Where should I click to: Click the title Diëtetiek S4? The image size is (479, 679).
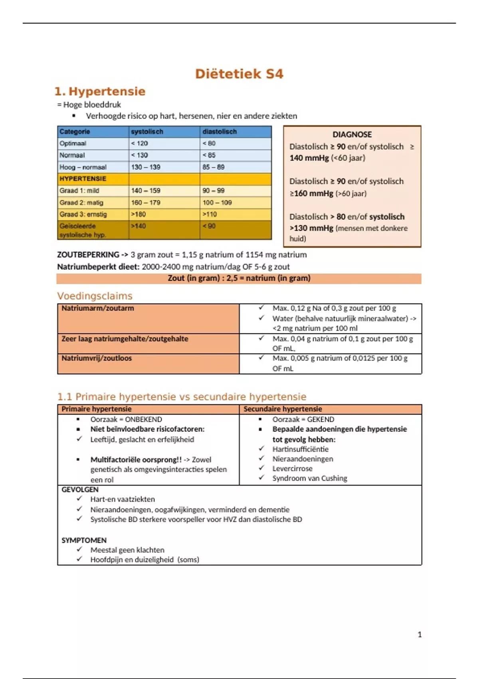[x=239, y=74]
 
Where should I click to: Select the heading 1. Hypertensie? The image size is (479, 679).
[x=100, y=91]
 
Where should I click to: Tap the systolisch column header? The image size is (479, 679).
[x=147, y=132]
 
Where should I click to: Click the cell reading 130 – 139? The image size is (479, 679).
[x=146, y=167]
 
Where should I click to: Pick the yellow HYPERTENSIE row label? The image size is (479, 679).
[x=83, y=179]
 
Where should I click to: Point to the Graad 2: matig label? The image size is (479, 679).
[x=81, y=203]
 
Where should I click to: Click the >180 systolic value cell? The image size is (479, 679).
[x=139, y=214]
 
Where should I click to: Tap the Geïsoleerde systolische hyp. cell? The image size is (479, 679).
[x=83, y=230]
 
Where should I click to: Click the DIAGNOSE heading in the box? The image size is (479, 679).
[x=352, y=135]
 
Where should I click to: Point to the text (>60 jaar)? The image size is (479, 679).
[x=351, y=194]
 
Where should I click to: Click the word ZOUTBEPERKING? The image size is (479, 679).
[x=88, y=255]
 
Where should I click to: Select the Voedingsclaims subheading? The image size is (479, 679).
[x=95, y=296]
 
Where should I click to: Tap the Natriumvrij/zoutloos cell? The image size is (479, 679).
[x=97, y=358]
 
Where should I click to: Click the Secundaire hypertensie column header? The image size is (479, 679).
[x=283, y=409]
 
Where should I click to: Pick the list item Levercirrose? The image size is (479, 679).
[x=292, y=469]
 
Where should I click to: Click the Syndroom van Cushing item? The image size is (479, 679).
[x=310, y=478]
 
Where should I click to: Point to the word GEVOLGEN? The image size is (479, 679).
[x=80, y=490]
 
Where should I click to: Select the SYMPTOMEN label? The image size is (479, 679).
[x=84, y=540]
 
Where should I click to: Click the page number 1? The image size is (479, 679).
[x=420, y=635]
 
